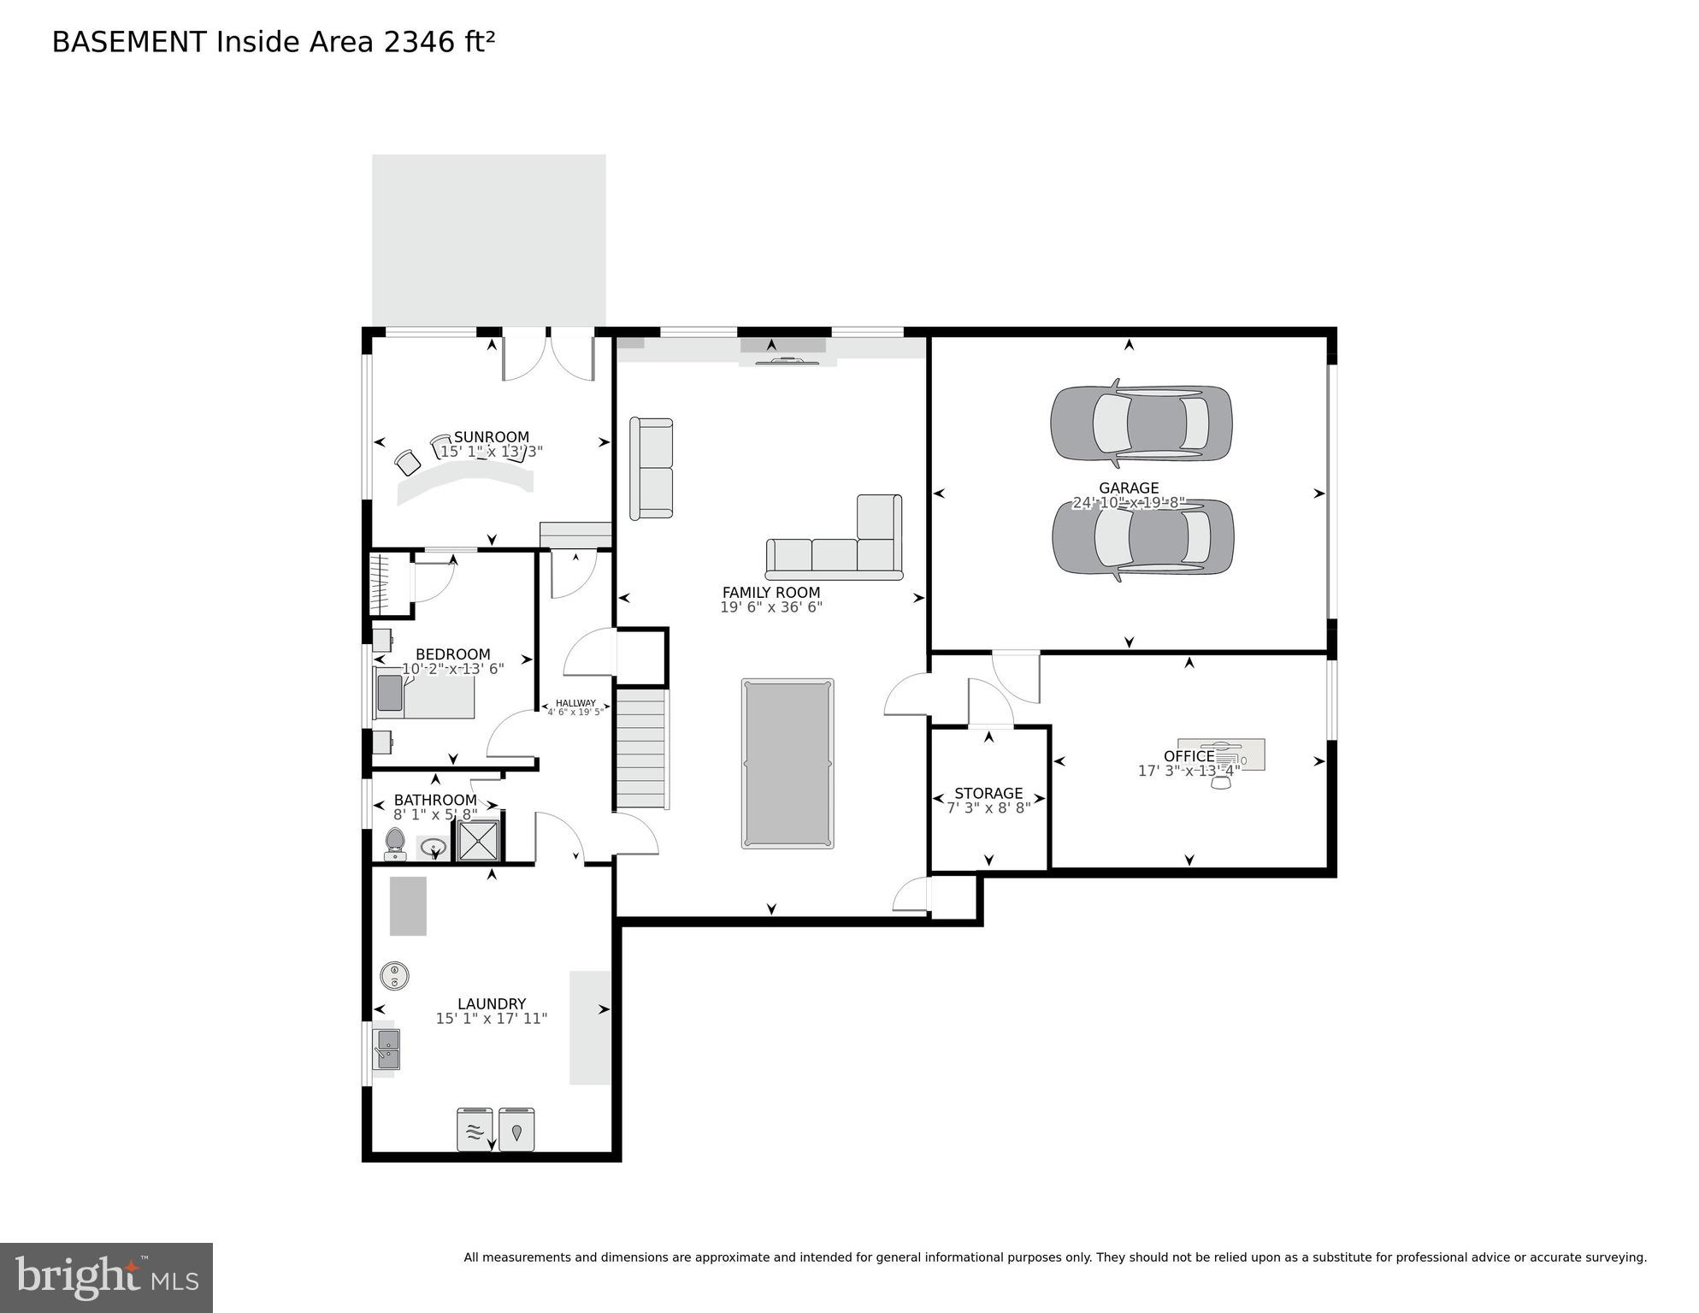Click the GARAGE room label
click(x=1129, y=488)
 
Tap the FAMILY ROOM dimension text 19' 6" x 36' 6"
click(x=770, y=607)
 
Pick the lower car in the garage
click(x=1142, y=537)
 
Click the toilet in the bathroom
click(x=395, y=843)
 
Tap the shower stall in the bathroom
click(x=478, y=841)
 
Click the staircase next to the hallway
click(x=641, y=748)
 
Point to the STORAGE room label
click(x=988, y=793)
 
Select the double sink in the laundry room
click(x=386, y=1050)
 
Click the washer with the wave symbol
click(x=475, y=1130)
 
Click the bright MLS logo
click(x=106, y=1277)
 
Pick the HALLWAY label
click(x=575, y=703)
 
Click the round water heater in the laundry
click(x=394, y=976)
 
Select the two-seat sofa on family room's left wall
click(x=652, y=468)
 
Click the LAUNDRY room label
click(x=491, y=1003)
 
